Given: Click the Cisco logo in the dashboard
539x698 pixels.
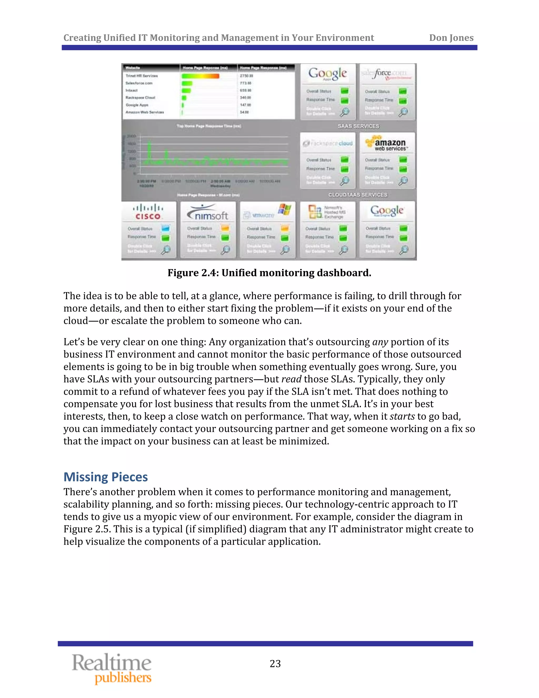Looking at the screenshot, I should tap(148, 212).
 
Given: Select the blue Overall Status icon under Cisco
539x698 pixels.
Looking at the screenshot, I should tap(165, 228).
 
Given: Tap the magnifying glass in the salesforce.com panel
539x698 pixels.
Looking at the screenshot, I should tap(403, 112).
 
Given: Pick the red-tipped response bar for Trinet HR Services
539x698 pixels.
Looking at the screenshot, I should tap(201, 76).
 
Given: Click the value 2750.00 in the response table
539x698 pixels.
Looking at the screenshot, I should tap(247, 76).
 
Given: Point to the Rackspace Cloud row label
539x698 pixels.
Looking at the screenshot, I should tap(140, 98).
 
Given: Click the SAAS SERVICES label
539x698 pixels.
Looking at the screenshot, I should tap(358, 126).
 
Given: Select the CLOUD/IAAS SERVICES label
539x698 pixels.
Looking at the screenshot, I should tap(358, 195).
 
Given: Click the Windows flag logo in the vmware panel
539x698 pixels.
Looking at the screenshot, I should tap(284, 210).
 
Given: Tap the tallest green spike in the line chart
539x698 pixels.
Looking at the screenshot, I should tap(149, 150).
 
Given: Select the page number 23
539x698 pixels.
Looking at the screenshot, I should tap(275, 664).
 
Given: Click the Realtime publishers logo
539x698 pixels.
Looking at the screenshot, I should tap(112, 668).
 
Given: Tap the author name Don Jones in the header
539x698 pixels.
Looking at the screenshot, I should tap(451, 38).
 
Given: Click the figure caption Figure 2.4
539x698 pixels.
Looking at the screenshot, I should tap(269, 273).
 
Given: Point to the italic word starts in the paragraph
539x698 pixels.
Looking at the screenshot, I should tap(402, 416).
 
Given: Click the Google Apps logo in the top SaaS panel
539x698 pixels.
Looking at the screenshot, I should tap(327, 74).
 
